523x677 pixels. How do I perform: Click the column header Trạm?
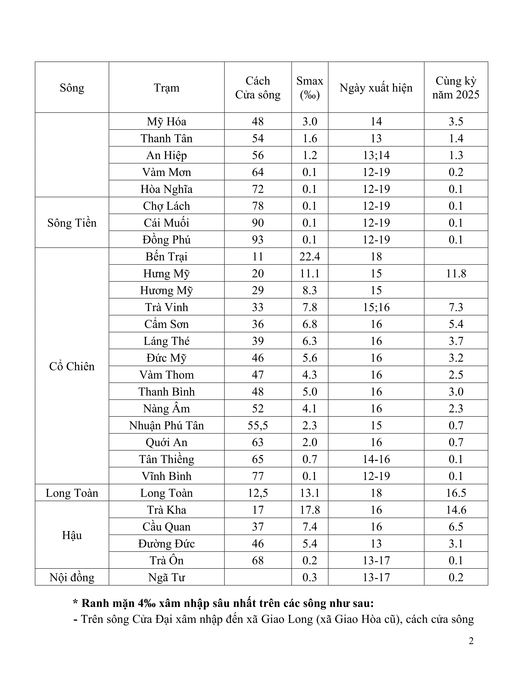pyautogui.click(x=166, y=88)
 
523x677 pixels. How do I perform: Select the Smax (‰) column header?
pyautogui.click(x=309, y=88)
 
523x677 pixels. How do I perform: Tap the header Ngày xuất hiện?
pyautogui.click(x=376, y=88)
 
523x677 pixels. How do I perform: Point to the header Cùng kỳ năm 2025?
pyautogui.click(x=456, y=88)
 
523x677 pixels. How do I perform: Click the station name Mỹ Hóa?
pyautogui.click(x=166, y=121)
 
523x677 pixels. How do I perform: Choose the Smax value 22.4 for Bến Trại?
pyautogui.click(x=309, y=257)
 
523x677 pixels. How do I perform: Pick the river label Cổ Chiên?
pyautogui.click(x=72, y=366)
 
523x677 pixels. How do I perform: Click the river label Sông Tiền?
pyautogui.click(x=72, y=223)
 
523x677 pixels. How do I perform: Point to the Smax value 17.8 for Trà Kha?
pyautogui.click(x=309, y=510)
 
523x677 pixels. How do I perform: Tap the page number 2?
pyautogui.click(x=471, y=641)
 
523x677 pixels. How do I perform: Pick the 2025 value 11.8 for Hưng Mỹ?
pyautogui.click(x=456, y=274)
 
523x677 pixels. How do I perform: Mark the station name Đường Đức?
pyautogui.click(x=166, y=544)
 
